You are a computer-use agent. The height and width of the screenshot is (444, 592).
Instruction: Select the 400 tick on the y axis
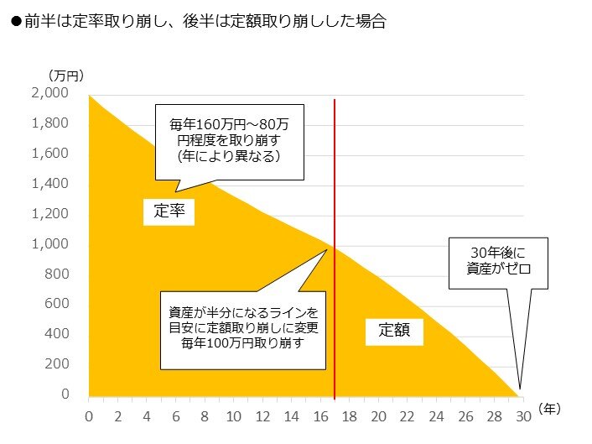point(64,334)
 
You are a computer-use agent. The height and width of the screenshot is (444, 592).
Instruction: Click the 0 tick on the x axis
point(89,415)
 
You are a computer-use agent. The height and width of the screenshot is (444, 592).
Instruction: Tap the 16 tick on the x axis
point(320,415)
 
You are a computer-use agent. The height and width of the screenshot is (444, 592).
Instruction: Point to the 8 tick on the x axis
point(205,415)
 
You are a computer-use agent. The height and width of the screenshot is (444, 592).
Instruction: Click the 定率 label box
point(169,212)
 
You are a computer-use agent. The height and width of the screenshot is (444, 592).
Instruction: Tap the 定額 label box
point(394,331)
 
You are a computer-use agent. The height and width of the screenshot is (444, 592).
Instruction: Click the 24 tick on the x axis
point(436,415)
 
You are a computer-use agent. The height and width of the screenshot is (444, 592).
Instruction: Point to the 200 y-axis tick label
point(64,364)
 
